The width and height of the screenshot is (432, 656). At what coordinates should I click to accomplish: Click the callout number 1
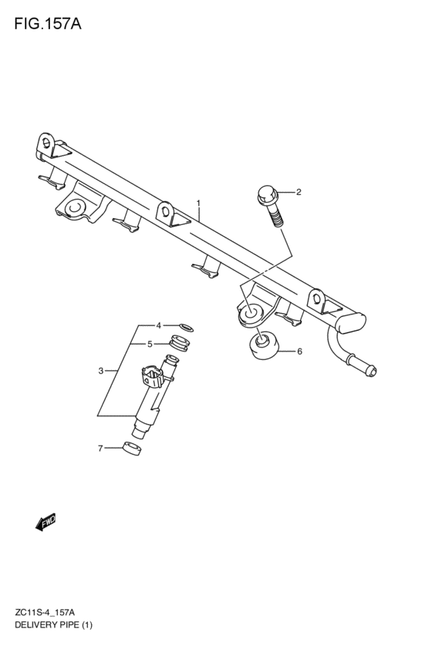point(198,204)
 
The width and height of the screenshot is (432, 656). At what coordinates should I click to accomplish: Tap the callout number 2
point(299,192)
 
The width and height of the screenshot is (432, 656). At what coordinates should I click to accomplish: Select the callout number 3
point(101,371)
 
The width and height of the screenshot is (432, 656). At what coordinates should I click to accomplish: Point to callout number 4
point(158,325)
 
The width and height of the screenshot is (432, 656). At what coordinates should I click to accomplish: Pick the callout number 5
point(150,345)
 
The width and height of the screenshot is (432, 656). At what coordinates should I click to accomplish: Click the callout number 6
point(299,352)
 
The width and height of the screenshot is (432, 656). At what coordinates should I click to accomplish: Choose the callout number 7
point(100,449)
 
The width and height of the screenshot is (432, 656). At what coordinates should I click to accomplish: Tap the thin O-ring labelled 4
point(186,326)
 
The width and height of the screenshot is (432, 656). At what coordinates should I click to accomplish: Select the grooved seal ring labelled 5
point(180,342)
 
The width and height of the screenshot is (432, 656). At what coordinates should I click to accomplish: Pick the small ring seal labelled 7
point(132,448)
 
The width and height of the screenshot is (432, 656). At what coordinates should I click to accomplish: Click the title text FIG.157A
point(48,24)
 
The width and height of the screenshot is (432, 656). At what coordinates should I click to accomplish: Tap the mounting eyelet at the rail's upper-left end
point(46,143)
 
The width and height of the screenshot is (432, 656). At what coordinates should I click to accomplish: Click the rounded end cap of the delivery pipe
point(351,322)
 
